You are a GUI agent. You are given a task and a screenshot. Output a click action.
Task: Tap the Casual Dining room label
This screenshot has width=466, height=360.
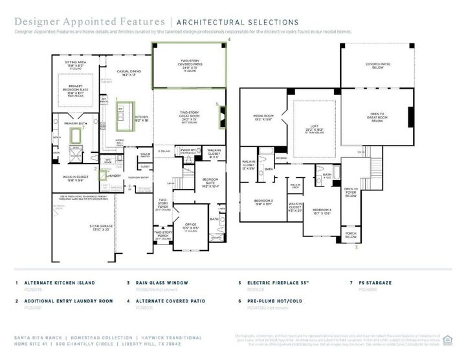coord(129,73)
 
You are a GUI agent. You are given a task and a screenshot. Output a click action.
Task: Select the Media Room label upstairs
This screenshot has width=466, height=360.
coord(265,118)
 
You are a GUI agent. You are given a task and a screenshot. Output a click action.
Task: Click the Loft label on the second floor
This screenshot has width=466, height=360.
coord(314,128)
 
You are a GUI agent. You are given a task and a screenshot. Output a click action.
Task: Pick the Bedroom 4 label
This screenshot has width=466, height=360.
coord(322,210)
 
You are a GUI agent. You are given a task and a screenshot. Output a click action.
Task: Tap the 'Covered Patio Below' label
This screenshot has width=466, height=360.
coord(377,66)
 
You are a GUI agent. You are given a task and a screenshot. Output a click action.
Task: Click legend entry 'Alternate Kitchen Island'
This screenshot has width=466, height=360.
coord(60,283)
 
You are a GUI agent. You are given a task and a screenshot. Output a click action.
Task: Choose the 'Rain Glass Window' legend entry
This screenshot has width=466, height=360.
coord(162,283)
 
